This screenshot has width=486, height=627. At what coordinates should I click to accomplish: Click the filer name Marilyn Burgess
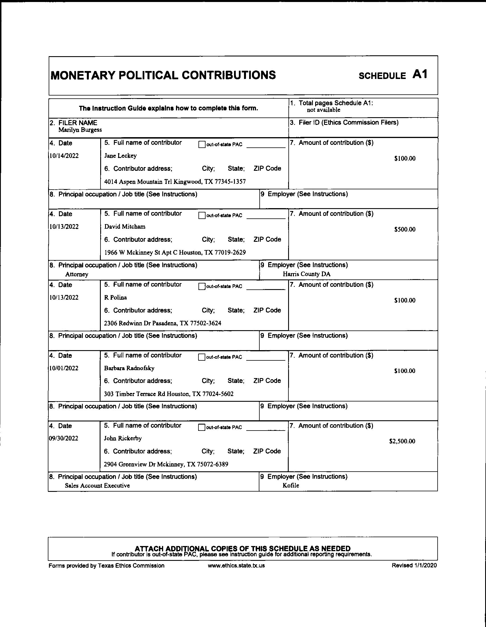tap(80, 130)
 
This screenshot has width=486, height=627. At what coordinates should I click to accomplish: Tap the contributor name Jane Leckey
tap(120, 156)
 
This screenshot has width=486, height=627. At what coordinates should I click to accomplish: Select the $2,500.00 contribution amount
tap(402, 441)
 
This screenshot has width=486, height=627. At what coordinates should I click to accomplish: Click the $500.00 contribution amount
tap(405, 229)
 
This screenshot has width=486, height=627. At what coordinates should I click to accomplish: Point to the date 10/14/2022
tap(64, 156)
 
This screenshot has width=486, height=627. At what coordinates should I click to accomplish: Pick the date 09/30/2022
tap(63, 438)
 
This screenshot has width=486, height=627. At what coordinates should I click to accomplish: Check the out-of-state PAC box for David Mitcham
tap(202, 215)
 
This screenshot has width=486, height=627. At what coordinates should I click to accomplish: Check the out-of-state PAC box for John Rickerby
tap(202, 427)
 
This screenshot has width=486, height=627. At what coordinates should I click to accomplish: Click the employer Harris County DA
tap(307, 274)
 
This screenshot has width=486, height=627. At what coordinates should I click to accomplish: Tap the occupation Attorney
tap(77, 274)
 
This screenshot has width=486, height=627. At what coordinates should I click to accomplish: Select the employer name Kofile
tap(291, 486)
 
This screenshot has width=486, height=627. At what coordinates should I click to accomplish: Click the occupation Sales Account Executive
tap(97, 486)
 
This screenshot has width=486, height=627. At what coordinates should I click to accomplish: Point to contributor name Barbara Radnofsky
tap(129, 368)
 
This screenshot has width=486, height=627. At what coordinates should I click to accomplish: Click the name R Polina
tap(115, 297)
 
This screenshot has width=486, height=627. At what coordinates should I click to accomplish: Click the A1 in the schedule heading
tap(420, 74)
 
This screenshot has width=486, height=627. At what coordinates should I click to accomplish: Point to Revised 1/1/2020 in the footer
tap(414, 566)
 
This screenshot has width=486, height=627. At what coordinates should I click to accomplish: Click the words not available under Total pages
tap(323, 110)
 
